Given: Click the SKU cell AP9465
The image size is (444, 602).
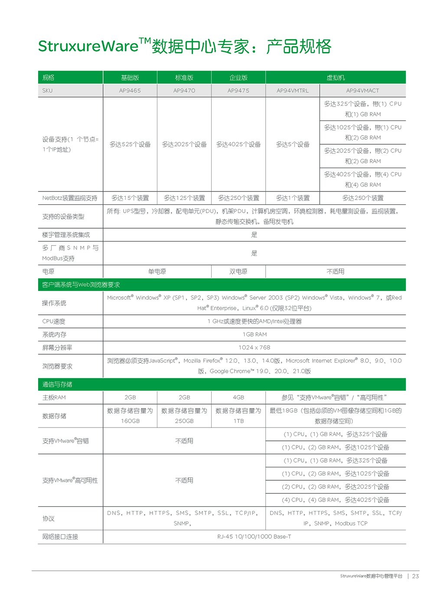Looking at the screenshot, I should click(x=130, y=91).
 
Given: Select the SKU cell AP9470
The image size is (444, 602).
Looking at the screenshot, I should click(x=184, y=91).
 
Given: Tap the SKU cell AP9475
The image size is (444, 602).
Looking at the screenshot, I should click(x=238, y=91).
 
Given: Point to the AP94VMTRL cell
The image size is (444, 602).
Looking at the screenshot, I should click(x=293, y=91).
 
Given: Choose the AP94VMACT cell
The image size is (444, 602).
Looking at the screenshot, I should click(x=362, y=91).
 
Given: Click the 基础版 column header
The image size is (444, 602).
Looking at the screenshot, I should click(x=130, y=78).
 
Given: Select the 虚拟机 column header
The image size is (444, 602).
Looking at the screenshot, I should click(x=336, y=78).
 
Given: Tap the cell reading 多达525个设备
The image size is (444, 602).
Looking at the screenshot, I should click(x=130, y=144).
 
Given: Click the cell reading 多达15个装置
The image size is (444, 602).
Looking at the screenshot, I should click(x=130, y=198).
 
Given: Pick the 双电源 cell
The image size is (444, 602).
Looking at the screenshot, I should click(x=238, y=272).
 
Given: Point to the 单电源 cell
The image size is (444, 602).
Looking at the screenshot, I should click(x=157, y=272).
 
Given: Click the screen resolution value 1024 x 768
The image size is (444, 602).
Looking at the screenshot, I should click(x=255, y=347).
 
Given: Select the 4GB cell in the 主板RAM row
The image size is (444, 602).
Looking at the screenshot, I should click(x=238, y=397).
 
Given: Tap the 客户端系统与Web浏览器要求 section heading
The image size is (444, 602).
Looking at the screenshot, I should click(x=81, y=285).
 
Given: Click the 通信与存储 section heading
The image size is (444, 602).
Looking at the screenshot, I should click(x=57, y=384).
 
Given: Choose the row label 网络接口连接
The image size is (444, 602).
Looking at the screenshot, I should click(x=60, y=537).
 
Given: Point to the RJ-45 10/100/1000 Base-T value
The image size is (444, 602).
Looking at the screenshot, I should click(x=255, y=537).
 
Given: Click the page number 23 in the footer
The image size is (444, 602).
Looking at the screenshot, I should click(x=415, y=576).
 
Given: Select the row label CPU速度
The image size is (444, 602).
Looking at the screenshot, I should click(x=54, y=321).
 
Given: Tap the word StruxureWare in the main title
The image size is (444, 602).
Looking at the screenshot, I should click(x=88, y=46).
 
